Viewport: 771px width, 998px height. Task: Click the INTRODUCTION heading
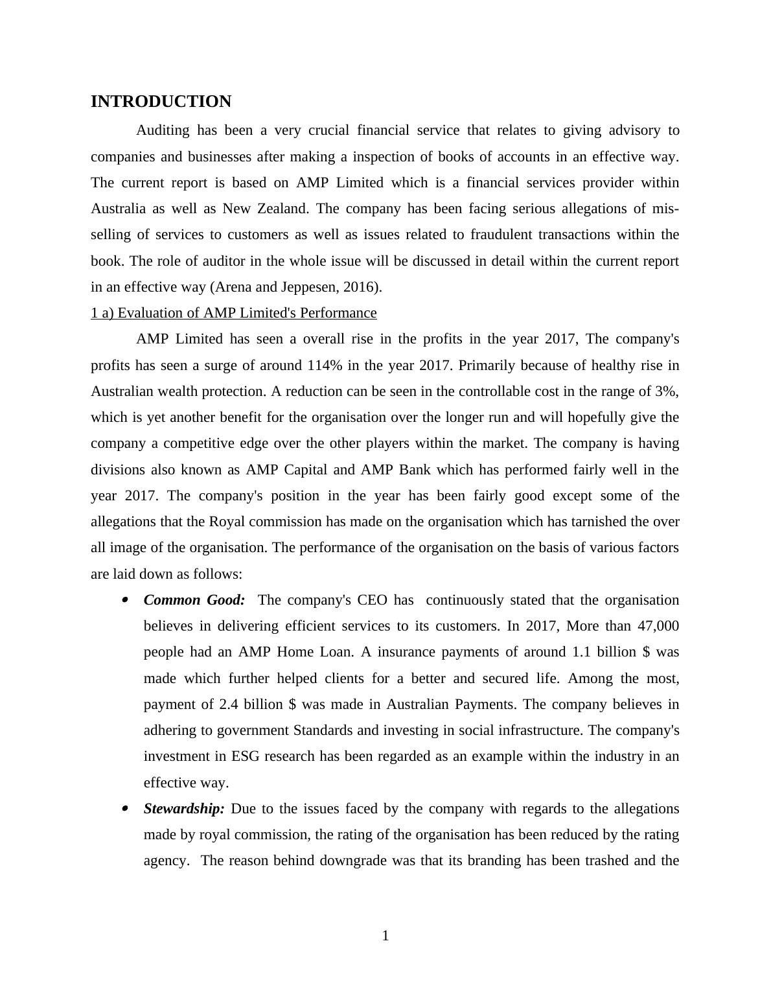(161, 102)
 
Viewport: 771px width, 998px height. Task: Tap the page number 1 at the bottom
(385, 936)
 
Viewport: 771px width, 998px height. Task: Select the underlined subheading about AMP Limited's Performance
(234, 313)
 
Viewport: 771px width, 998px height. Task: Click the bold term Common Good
(194, 600)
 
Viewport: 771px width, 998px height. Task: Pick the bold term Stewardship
(184, 809)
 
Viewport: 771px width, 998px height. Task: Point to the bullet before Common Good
(124, 600)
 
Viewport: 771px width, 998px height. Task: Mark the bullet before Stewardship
(124, 809)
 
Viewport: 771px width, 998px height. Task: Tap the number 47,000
(658, 626)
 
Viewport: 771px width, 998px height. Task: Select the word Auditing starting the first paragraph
(163, 130)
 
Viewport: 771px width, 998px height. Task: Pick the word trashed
(609, 861)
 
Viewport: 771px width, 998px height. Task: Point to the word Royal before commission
(227, 522)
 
